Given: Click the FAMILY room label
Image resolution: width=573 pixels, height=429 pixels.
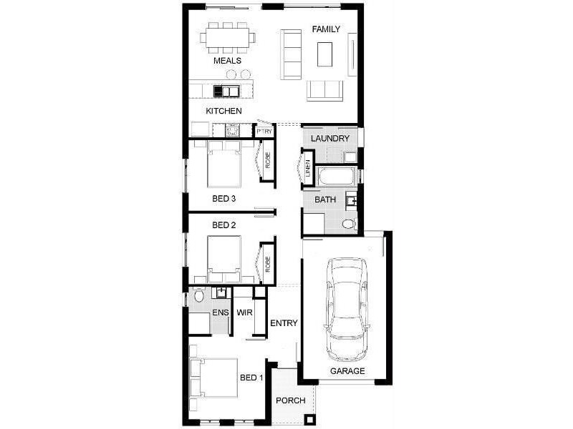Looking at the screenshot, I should click(326, 29).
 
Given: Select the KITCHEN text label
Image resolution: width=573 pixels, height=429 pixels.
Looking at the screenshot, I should click(223, 111).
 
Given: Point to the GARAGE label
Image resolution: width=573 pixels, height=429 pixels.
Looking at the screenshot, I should click(347, 371).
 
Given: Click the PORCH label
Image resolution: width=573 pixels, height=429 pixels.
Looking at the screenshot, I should click(291, 400).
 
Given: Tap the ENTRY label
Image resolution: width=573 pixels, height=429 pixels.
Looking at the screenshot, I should click(284, 323).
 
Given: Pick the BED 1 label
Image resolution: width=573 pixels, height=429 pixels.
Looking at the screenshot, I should click(252, 378).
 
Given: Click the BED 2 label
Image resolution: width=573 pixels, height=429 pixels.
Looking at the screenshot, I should click(224, 225).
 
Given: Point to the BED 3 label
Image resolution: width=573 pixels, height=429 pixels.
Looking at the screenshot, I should click(224, 197).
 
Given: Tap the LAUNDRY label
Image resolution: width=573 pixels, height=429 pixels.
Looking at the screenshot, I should click(331, 138).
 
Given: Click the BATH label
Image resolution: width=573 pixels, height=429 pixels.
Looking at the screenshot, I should click(326, 200).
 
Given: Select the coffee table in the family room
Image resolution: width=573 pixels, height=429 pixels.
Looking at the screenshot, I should click(325, 54).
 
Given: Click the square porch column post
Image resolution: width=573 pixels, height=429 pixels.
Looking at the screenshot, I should click(309, 419).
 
